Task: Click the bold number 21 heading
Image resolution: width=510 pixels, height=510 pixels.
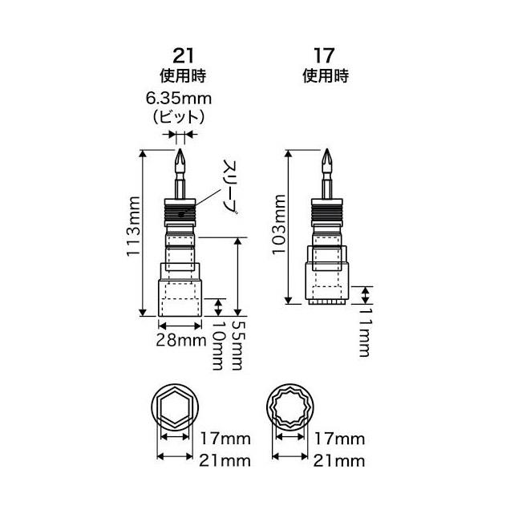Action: [x=183, y=58]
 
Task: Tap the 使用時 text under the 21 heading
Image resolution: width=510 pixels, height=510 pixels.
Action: [x=183, y=78]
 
